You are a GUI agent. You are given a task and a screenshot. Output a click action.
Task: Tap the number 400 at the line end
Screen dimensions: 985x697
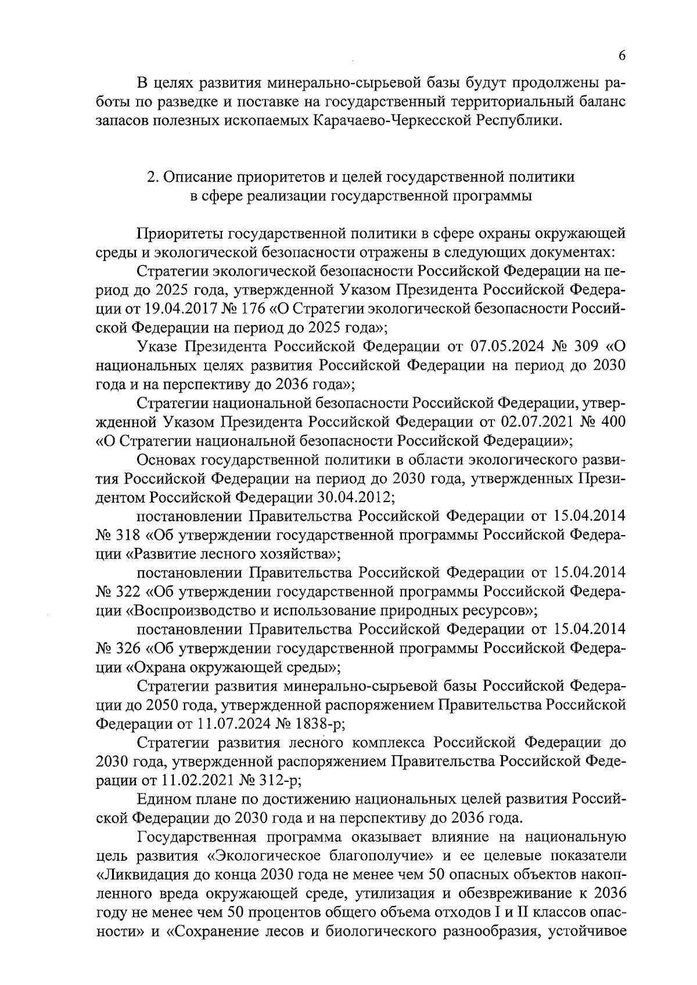613,421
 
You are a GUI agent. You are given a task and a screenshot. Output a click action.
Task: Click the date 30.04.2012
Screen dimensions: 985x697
356,497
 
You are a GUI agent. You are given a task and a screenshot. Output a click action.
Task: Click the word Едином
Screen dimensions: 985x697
164,799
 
